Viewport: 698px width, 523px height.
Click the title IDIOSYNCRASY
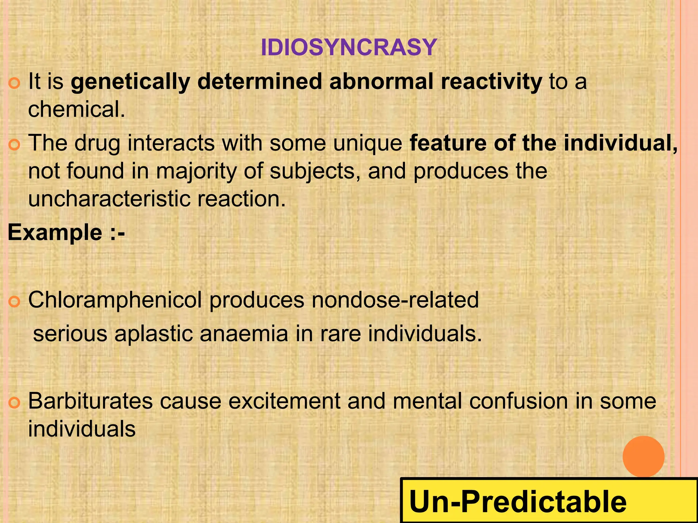point(349,47)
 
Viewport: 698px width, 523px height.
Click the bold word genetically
point(130,82)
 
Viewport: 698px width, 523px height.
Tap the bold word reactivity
point(491,82)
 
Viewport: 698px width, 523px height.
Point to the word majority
point(196,171)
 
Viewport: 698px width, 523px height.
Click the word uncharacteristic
point(109,199)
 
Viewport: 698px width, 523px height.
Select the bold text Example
point(55,233)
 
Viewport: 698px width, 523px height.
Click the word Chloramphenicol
point(115,300)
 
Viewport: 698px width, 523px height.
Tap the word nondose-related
point(395,300)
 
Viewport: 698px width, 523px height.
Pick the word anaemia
point(244,334)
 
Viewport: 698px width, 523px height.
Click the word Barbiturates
point(90,401)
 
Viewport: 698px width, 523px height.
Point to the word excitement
point(284,401)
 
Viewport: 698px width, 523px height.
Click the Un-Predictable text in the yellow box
point(518,502)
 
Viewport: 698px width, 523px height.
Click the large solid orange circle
point(643,456)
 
